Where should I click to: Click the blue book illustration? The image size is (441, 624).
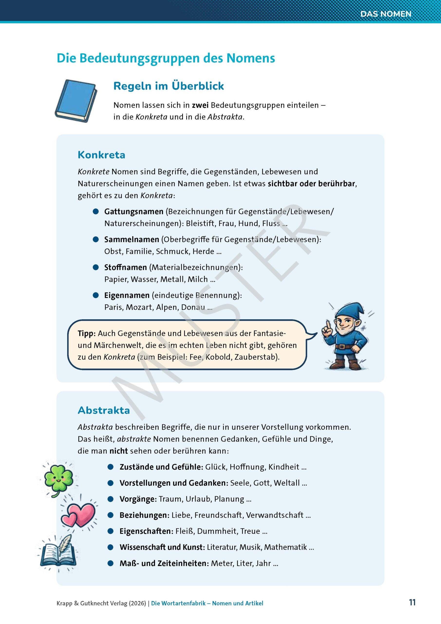click(76, 101)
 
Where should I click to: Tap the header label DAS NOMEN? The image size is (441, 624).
click(386, 14)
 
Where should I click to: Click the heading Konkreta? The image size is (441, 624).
click(101, 155)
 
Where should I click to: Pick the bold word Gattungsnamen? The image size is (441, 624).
click(134, 211)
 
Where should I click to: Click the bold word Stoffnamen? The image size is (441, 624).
click(125, 267)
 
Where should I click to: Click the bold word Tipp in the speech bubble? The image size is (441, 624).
click(86, 333)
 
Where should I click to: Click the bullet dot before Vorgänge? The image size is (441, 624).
click(110, 499)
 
